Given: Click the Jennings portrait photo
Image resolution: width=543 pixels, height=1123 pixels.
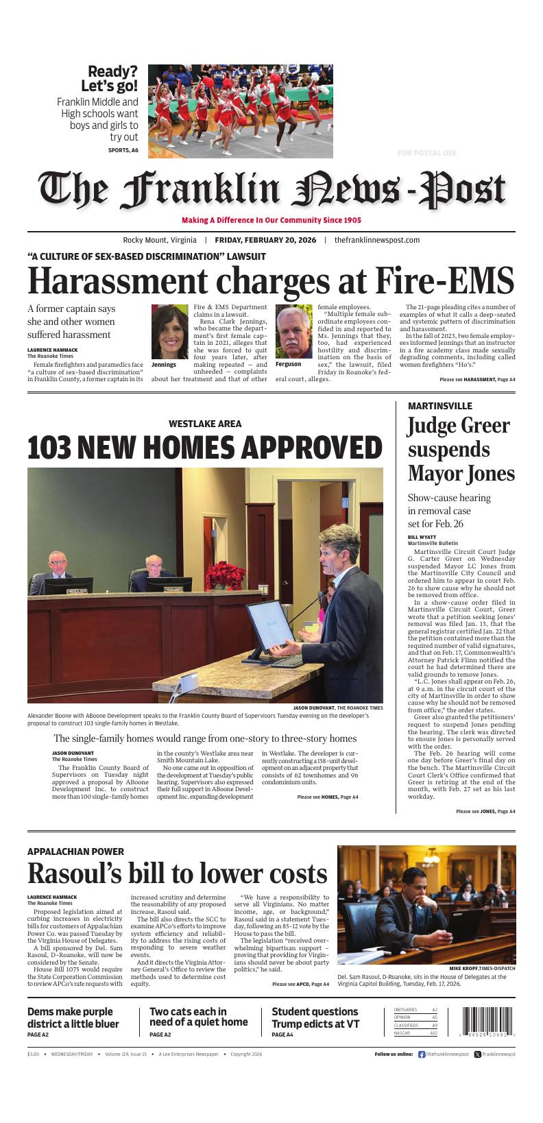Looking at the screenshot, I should point(169,332).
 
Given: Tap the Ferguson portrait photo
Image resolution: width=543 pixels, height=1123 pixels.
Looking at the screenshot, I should point(293,332).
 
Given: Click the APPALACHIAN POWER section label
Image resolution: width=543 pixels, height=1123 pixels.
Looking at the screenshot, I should point(75,852).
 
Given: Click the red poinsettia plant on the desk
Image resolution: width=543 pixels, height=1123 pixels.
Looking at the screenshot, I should point(226,575).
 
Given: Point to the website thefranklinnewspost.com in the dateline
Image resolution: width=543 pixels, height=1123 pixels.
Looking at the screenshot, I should point(377,240).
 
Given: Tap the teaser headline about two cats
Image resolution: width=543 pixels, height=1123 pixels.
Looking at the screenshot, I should point(198,1017).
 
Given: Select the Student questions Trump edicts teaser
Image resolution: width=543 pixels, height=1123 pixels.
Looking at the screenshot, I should point(315,1017).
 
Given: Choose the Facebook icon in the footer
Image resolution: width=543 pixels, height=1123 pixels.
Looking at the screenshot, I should point(422,1054).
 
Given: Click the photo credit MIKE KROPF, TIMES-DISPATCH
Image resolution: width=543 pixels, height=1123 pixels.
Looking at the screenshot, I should point(482,968).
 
